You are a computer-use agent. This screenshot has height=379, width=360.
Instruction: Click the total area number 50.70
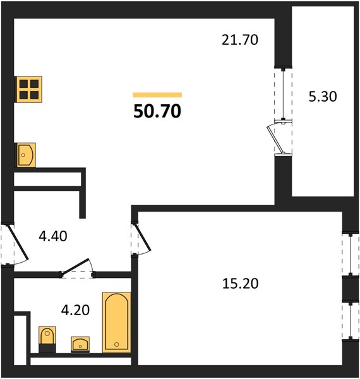tap(157, 111)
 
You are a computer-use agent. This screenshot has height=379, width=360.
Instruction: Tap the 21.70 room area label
tap(240, 40)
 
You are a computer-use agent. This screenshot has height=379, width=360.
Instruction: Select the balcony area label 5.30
tap(323, 97)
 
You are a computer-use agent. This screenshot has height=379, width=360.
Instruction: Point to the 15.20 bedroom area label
tap(240, 284)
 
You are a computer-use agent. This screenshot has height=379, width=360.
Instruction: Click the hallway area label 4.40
tap(53, 236)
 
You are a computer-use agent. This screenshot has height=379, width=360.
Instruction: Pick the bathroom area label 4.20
tap(75, 310)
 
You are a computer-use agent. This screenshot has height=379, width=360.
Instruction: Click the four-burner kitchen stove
tap(29, 90)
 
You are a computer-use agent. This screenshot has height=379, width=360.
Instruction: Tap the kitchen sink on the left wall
tap(26, 155)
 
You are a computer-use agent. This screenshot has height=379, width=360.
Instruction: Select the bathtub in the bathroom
tap(117, 322)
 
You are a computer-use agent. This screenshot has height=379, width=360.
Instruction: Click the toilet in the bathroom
tap(47, 339)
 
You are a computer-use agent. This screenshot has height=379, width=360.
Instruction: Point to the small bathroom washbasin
tap(80, 344)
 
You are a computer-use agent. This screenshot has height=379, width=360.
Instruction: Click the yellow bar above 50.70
tap(157, 95)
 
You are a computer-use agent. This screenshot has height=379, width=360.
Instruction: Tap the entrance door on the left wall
tap(19, 243)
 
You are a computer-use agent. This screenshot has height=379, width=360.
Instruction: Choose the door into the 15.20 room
tap(143, 237)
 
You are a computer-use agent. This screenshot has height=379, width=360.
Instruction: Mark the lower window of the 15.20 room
tap(351, 320)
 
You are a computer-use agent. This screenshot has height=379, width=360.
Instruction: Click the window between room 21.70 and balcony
tap(283, 93)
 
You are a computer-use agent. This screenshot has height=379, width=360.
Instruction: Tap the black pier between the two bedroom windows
tap(351, 289)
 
